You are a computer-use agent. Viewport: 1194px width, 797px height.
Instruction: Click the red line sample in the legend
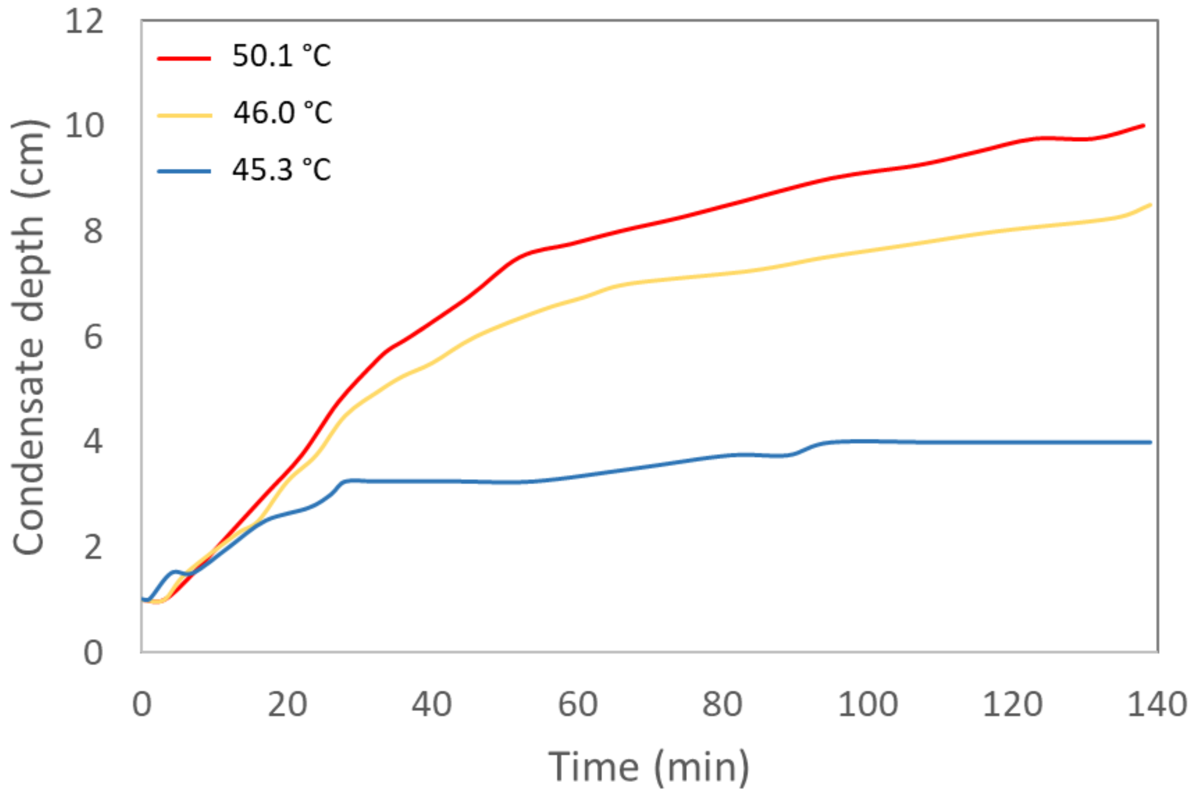184,59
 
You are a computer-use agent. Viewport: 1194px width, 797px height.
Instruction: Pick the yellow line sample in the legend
184,115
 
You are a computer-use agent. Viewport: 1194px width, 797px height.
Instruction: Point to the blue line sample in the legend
184,171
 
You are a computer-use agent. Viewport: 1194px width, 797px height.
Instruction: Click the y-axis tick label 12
84,22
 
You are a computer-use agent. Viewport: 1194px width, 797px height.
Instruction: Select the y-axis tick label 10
84,126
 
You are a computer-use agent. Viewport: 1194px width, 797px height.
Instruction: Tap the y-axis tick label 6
93,337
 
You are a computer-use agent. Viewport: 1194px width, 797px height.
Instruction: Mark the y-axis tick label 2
93,548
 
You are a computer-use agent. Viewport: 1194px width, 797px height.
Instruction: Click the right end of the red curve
1143,125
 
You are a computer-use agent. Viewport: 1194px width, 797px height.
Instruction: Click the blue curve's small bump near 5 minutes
175,572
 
